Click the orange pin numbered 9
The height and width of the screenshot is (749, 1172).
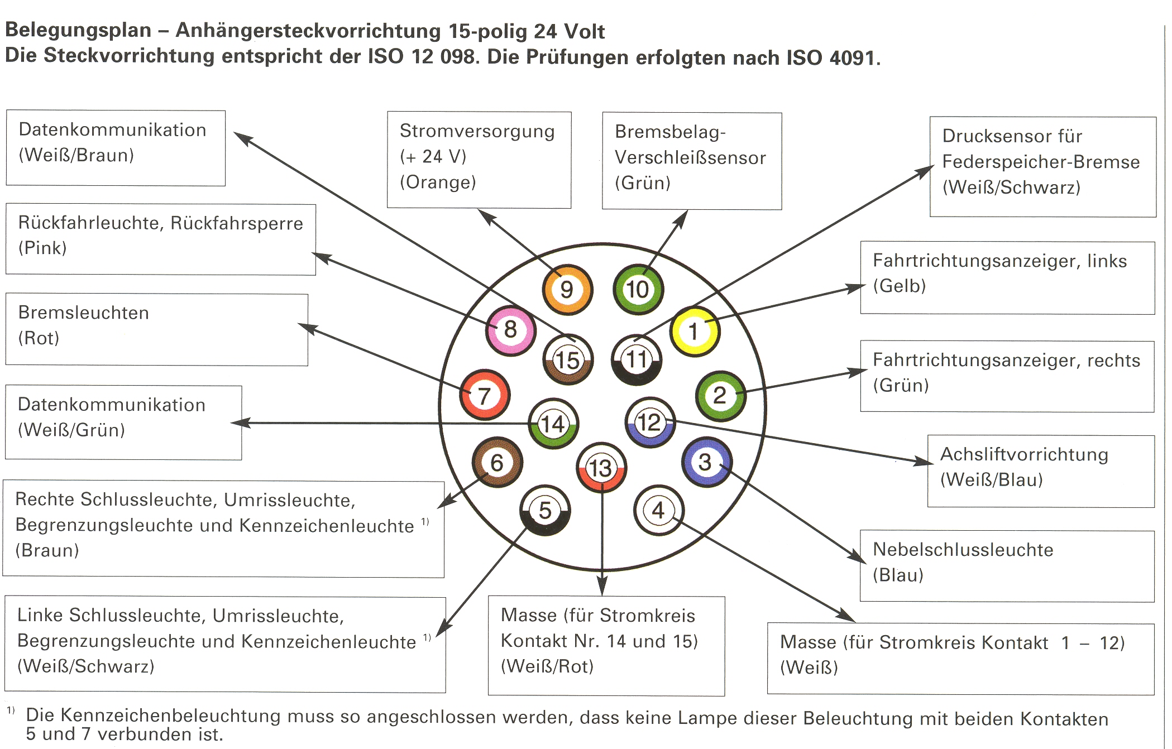click(567, 289)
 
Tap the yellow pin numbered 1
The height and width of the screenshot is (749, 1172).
click(694, 331)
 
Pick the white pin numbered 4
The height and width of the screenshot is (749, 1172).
click(658, 510)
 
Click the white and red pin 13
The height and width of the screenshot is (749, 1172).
click(601, 468)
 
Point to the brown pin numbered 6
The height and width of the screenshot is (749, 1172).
click(496, 462)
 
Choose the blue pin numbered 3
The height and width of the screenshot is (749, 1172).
click(706, 462)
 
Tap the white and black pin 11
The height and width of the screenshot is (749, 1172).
click(637, 359)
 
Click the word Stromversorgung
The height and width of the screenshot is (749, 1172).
click(477, 131)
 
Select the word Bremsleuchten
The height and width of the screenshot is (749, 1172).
click(83, 313)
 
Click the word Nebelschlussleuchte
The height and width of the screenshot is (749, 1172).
click(963, 550)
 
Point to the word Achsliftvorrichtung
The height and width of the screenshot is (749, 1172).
click(1024, 454)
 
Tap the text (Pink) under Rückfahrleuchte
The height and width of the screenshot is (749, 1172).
click(42, 248)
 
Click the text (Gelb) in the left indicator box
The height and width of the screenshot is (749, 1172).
click(899, 286)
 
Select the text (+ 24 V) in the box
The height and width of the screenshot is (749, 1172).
click(433, 157)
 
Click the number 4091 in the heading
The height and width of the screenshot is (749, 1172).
click(852, 57)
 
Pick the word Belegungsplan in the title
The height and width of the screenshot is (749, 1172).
click(78, 30)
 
